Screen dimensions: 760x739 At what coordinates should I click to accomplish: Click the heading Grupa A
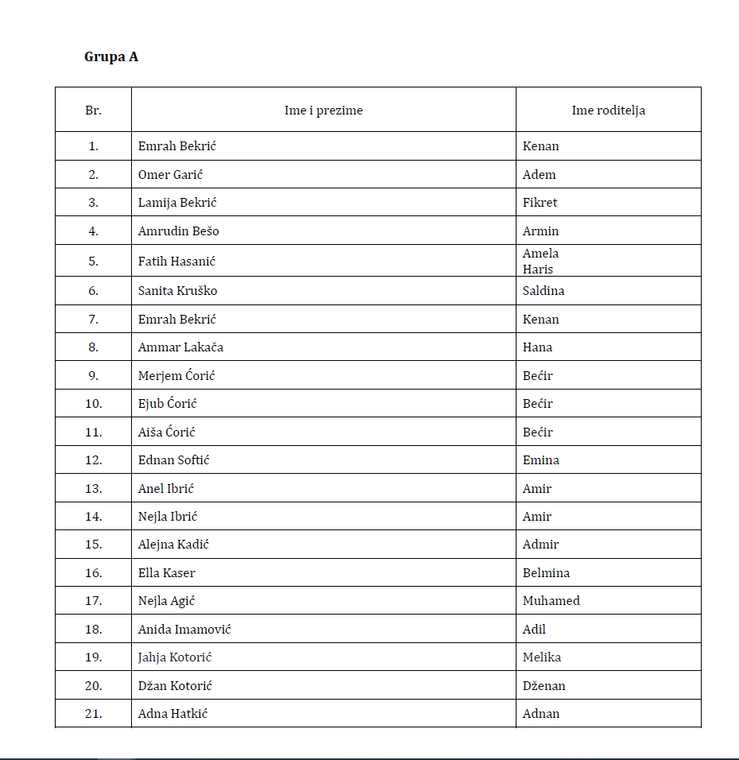pyautogui.click(x=111, y=57)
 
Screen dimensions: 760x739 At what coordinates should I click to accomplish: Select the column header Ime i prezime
pyautogui.click(x=323, y=111)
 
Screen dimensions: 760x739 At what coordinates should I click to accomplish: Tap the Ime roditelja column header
pyautogui.click(x=608, y=111)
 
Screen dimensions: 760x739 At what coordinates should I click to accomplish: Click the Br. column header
pyautogui.click(x=93, y=111)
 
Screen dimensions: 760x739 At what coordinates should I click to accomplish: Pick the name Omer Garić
pyautogui.click(x=170, y=175)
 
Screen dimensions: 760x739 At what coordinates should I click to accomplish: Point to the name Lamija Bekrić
pyautogui.click(x=177, y=203)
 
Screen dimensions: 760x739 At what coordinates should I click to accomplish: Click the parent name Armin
pyautogui.click(x=540, y=231)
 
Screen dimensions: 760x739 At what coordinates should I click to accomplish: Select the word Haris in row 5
pyautogui.click(x=537, y=269)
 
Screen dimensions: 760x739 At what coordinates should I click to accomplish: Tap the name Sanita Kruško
pyautogui.click(x=177, y=291)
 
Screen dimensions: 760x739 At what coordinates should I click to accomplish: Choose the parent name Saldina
pyautogui.click(x=544, y=291)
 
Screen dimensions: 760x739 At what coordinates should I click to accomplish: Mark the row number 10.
pyautogui.click(x=93, y=404)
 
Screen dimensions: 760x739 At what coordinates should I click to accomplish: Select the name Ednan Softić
pyautogui.click(x=174, y=460)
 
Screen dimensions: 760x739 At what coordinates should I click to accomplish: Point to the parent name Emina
pyautogui.click(x=540, y=460)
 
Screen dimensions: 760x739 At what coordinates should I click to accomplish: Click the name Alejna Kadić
pyautogui.click(x=173, y=545)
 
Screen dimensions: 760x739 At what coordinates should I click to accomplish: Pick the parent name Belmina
pyautogui.click(x=546, y=573)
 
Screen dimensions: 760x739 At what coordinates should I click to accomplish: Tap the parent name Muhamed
pyautogui.click(x=551, y=601)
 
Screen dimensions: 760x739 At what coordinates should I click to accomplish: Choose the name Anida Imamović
pyautogui.click(x=184, y=630)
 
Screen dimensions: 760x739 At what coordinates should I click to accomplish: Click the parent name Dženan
pyautogui.click(x=544, y=686)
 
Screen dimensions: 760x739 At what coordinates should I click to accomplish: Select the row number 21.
pyautogui.click(x=93, y=714)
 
